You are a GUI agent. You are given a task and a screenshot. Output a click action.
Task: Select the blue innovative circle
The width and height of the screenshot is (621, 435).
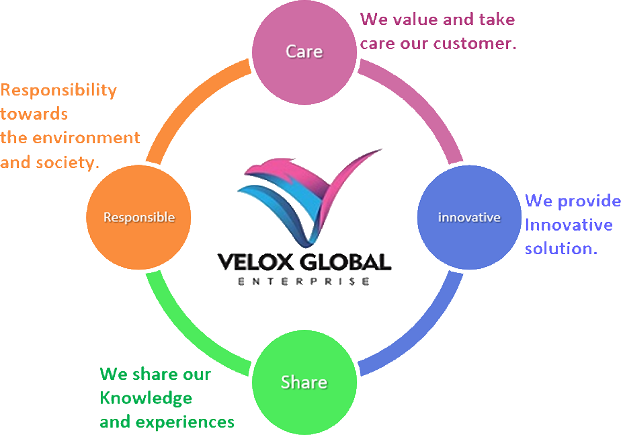click(469, 217)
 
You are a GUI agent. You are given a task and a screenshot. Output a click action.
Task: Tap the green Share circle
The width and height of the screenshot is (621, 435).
click(304, 382)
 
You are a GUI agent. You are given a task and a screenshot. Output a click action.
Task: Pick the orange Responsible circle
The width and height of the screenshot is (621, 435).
click(139, 217)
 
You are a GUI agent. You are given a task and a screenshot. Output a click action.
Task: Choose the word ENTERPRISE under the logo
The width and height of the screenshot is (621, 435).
click(304, 281)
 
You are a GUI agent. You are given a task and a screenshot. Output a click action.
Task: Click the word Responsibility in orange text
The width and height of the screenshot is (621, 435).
click(58, 90)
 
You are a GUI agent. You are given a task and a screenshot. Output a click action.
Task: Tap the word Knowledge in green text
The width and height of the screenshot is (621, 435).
click(146, 398)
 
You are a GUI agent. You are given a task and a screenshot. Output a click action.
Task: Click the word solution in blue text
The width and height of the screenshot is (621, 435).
click(560, 248)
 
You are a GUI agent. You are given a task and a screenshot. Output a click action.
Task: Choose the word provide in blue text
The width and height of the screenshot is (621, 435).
click(588, 200)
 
